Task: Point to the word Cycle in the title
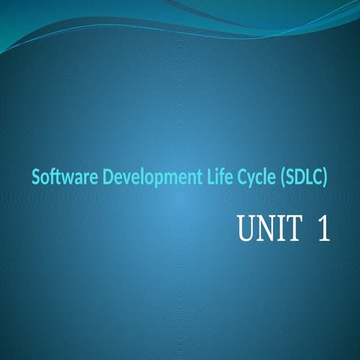click(x=256, y=178)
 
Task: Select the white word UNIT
click(x=268, y=229)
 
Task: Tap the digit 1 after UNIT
click(x=323, y=229)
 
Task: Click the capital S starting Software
click(x=36, y=177)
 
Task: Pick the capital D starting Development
click(x=108, y=177)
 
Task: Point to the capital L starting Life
click(x=208, y=177)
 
